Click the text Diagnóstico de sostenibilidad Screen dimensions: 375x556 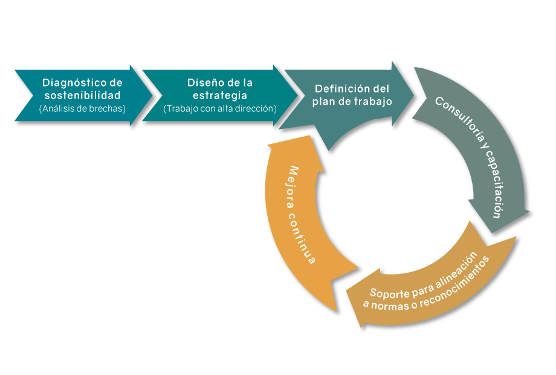(x=82, y=89)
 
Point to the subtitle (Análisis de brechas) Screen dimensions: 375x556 (x=82, y=109)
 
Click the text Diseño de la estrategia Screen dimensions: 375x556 (x=219, y=89)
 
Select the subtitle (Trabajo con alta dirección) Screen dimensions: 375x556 (x=219, y=109)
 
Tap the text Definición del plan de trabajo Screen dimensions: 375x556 (x=352, y=95)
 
